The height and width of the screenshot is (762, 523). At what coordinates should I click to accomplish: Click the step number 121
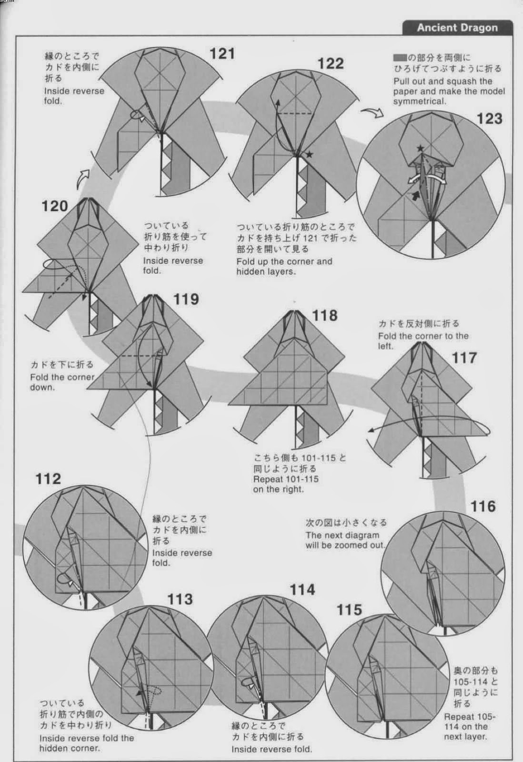(222, 54)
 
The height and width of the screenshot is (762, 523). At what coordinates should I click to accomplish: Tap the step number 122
(331, 64)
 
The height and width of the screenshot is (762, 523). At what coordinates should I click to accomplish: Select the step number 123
(489, 119)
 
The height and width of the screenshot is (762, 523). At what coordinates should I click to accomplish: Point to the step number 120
(55, 206)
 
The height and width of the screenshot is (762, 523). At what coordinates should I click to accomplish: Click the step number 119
(186, 300)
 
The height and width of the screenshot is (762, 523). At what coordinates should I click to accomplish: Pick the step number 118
(325, 315)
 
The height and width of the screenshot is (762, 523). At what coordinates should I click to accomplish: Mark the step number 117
(464, 358)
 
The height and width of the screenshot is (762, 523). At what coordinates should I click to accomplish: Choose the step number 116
(483, 507)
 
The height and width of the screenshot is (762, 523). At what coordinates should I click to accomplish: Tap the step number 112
(48, 479)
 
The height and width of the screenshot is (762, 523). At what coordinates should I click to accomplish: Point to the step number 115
(349, 610)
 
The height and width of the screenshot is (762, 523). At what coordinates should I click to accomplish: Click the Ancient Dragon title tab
(457, 28)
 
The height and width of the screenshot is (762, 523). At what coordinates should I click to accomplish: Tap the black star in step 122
(309, 154)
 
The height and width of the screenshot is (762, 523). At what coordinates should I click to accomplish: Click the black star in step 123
(421, 148)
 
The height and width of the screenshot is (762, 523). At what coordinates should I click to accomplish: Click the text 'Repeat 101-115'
(286, 479)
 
